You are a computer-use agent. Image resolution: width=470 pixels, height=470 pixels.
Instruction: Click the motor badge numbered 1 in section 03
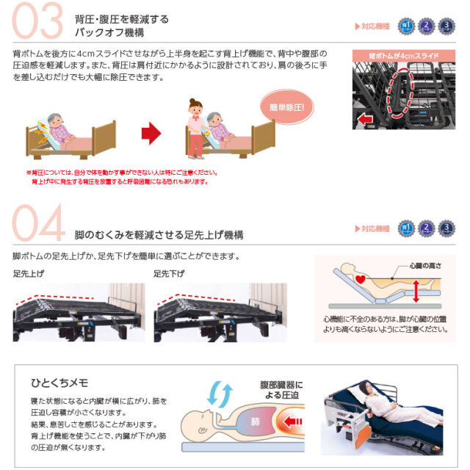click(405, 26)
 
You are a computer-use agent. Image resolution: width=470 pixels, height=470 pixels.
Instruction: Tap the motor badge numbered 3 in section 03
click(446, 26)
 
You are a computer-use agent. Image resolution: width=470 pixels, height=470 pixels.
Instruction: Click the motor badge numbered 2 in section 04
click(426, 228)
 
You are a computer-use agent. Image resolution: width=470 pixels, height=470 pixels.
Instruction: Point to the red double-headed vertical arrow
click(416, 292)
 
